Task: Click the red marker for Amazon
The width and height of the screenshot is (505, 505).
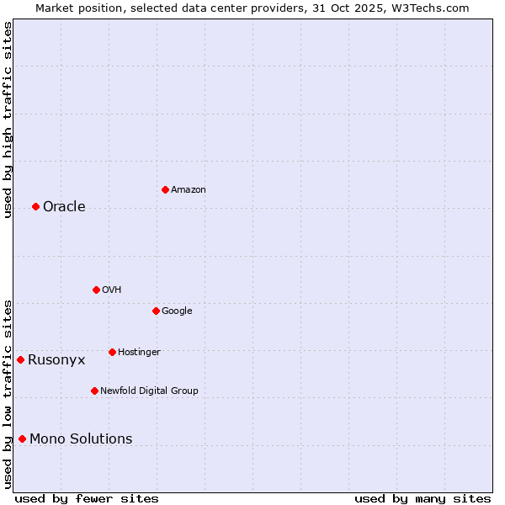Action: (x=165, y=189)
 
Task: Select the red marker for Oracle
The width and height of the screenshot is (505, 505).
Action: (x=35, y=206)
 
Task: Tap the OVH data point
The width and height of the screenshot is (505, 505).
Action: (x=96, y=290)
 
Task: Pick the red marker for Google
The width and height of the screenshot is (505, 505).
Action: (x=156, y=311)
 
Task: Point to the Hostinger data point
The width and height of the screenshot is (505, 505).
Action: (x=112, y=352)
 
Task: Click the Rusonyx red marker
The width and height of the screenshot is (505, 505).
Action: (x=20, y=359)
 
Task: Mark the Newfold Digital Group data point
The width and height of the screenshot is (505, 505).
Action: (x=94, y=391)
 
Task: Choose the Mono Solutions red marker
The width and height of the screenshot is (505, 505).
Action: (x=22, y=439)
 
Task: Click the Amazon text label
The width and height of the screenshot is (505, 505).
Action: (x=188, y=190)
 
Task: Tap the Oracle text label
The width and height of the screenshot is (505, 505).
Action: (x=64, y=207)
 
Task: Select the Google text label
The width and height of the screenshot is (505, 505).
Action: (x=177, y=311)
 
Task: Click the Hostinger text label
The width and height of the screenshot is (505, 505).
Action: (x=139, y=353)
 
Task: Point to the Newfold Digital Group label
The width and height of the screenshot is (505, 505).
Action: (x=149, y=391)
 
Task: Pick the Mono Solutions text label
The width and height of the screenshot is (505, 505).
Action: (x=81, y=439)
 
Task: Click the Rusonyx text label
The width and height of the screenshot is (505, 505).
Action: (x=56, y=360)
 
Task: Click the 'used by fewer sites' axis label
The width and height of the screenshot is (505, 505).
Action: (x=87, y=498)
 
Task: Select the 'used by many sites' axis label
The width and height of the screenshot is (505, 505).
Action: (x=423, y=498)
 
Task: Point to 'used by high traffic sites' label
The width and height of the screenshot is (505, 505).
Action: (x=8, y=119)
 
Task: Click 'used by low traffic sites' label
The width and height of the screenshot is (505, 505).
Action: (x=8, y=393)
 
